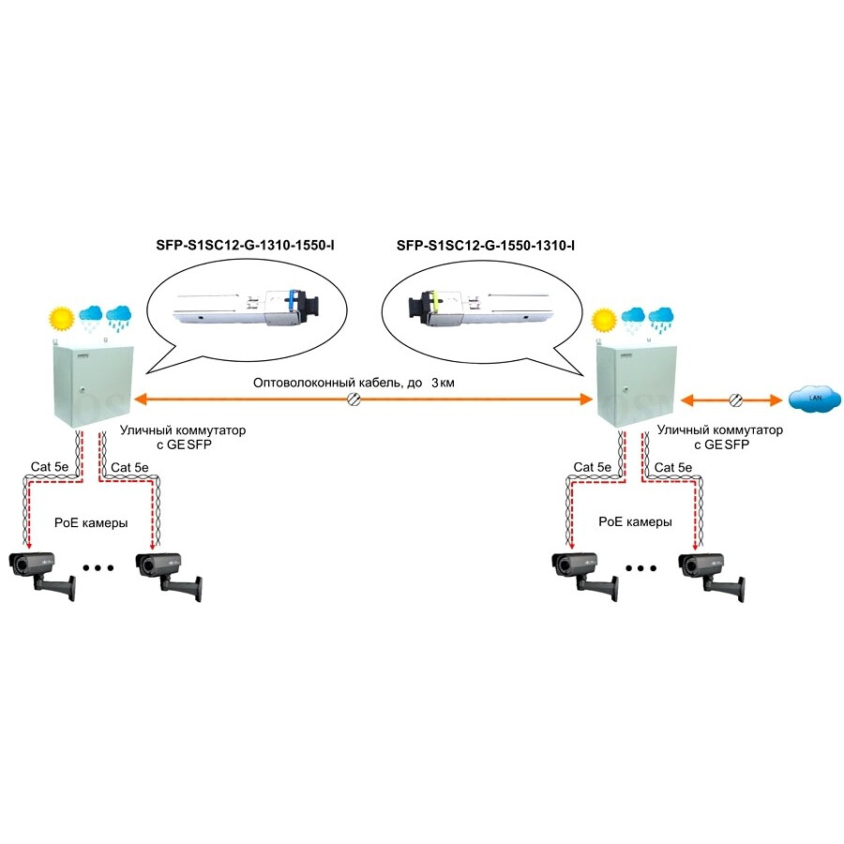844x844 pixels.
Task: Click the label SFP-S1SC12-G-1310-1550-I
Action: [x=245, y=247]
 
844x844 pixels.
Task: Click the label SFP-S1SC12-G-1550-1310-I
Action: [x=486, y=247]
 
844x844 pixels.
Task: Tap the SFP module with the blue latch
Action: [x=247, y=306]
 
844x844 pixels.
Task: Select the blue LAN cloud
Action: [x=807, y=399]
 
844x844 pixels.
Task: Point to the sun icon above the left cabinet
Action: [x=63, y=318]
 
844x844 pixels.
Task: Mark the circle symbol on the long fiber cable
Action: [x=354, y=400]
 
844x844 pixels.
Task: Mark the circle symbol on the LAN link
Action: [x=737, y=400]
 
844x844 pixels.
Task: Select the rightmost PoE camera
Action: [x=713, y=572]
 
